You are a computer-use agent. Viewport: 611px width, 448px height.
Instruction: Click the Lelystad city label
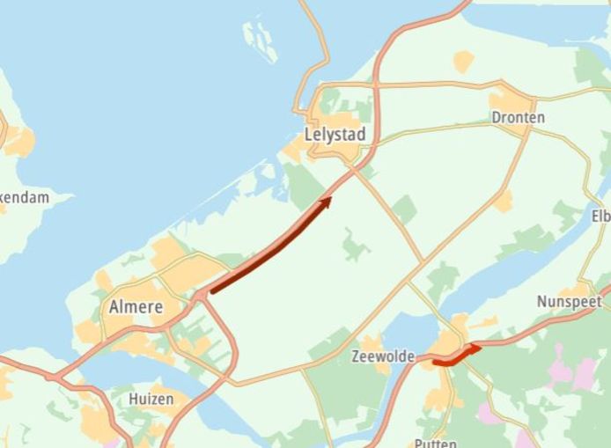pos(334,136)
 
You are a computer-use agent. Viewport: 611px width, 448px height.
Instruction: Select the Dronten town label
pos(518,117)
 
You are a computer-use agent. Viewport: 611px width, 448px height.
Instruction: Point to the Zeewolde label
pos(382,356)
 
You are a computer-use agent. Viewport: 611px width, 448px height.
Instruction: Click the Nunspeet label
pos(569,302)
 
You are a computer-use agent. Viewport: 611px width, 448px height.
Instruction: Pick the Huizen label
pos(151,399)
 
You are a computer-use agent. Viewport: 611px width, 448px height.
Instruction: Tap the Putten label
pos(435,443)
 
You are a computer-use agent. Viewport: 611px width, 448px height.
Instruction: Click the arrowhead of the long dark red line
pos(326,202)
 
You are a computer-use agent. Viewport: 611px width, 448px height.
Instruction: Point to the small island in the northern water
pos(261,40)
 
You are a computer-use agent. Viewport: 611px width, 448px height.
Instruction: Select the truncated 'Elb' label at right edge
pos(600,216)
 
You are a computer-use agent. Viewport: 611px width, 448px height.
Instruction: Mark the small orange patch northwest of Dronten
pos(463,61)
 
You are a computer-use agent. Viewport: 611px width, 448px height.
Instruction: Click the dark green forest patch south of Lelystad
pos(305,184)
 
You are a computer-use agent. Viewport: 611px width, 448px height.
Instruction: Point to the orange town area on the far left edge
pos(18,141)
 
